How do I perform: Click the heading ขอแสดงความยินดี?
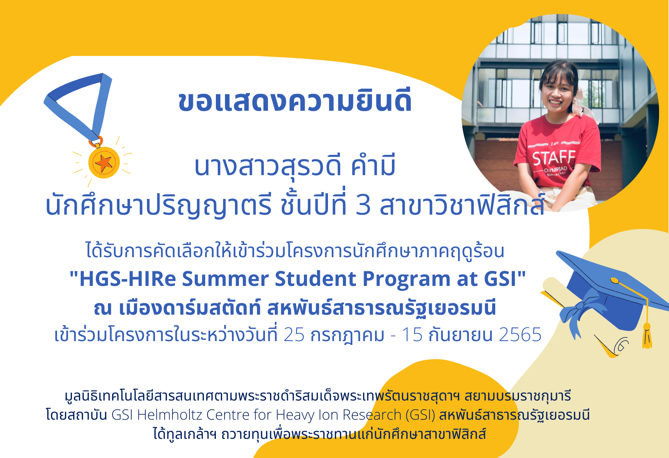[295, 102]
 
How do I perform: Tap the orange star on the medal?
[104, 163]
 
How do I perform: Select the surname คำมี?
[373, 166]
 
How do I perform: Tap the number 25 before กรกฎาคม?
[294, 335]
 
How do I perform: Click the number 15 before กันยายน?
[412, 335]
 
